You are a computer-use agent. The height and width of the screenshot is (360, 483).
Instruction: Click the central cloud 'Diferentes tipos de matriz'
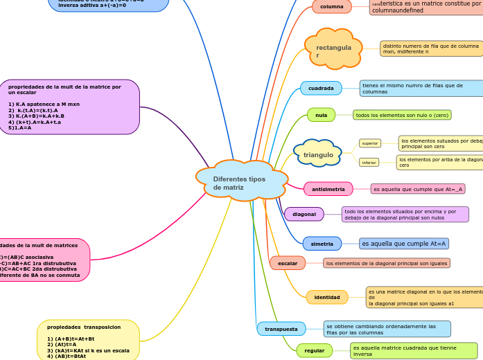(241, 181)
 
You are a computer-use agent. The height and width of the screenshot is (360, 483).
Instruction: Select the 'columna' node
(332, 7)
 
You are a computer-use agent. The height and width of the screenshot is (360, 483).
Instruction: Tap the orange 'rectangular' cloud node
(333, 50)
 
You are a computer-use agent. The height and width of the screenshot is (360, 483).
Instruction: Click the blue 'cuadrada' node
(321, 88)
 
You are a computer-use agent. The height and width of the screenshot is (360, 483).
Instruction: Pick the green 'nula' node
(321, 114)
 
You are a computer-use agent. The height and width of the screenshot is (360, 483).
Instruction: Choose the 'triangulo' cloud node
(318, 154)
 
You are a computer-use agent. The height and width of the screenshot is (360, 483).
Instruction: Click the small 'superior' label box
(370, 143)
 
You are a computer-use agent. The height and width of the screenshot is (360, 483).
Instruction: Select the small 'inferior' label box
(369, 163)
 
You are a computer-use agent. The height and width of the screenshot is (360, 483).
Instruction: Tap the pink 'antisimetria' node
(328, 189)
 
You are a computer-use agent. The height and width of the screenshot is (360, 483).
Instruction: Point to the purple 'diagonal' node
(304, 214)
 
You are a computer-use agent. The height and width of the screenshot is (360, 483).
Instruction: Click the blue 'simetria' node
(322, 244)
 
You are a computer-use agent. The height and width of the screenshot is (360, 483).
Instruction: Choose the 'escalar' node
(287, 263)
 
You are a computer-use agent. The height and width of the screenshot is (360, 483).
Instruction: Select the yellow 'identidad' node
(326, 297)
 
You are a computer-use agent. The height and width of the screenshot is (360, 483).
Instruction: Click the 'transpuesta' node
(281, 329)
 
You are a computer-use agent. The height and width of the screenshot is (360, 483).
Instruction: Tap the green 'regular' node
(314, 350)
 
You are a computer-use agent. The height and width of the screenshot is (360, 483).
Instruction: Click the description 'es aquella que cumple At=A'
(403, 244)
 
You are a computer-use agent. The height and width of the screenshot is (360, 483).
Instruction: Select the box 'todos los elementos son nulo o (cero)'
(402, 115)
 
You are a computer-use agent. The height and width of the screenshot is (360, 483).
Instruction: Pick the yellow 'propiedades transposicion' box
(88, 339)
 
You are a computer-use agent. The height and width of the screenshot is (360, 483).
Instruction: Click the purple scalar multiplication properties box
(69, 107)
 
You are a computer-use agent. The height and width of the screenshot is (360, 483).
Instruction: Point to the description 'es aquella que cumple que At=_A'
(418, 189)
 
